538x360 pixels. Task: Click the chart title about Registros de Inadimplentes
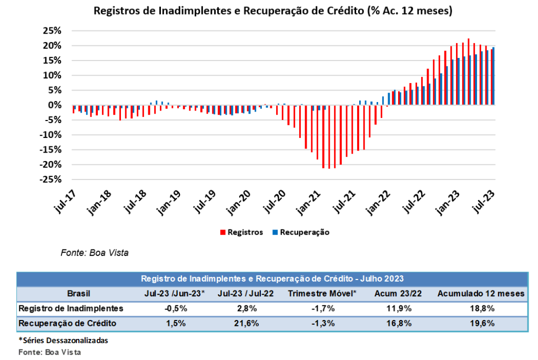(273, 11)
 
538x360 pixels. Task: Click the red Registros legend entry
(241, 232)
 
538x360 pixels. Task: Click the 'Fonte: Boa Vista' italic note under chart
(95, 253)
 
